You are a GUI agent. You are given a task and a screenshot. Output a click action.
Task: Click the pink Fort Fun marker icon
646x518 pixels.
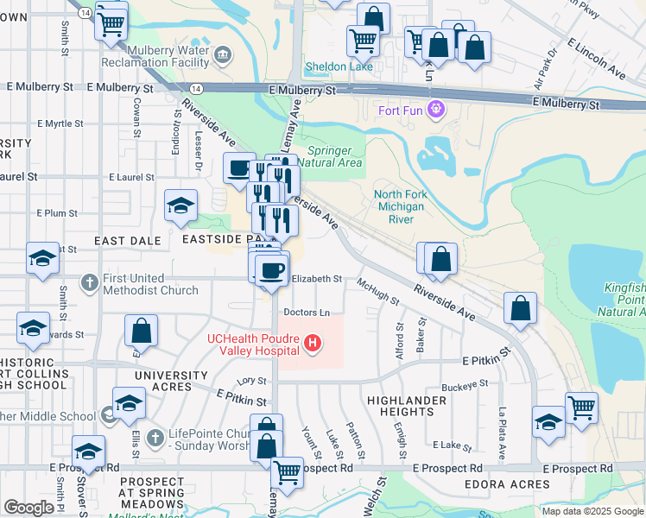436,110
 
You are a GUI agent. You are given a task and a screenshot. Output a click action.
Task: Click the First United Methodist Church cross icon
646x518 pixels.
90,281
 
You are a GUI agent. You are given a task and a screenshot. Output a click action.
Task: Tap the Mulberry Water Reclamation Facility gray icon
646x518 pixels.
223,56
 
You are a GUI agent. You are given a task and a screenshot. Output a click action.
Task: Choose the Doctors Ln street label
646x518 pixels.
307,312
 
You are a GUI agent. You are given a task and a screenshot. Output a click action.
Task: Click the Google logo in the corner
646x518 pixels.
28,508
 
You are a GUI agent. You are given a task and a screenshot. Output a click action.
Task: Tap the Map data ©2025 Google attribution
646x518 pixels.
592,511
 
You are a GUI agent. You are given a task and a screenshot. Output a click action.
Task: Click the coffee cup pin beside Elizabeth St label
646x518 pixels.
271,269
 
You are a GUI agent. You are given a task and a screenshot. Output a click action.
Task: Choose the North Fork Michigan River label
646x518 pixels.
400,207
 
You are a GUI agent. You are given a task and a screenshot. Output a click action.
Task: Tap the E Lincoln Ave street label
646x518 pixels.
596,57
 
